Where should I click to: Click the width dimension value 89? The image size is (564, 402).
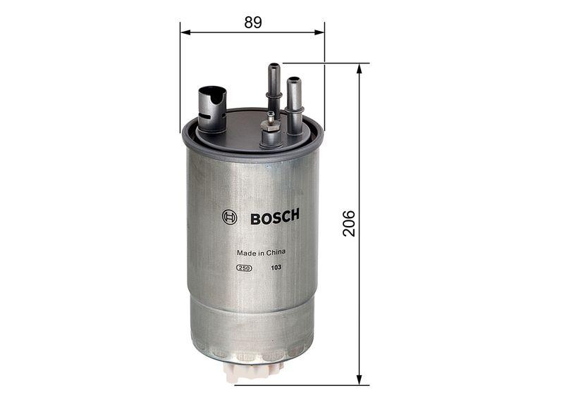click(253, 23)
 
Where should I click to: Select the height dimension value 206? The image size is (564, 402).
click(349, 222)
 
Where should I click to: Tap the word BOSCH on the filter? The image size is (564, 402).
click(274, 216)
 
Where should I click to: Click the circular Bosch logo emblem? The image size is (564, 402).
click(229, 217)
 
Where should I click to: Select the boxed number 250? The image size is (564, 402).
click(245, 268)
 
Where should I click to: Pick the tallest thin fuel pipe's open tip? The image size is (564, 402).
click(274, 67)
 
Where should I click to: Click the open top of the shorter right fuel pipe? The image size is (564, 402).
click(293, 81)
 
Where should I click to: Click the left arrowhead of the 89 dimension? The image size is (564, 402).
click(185, 32)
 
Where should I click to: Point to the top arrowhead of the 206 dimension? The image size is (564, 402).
click(360, 68)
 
